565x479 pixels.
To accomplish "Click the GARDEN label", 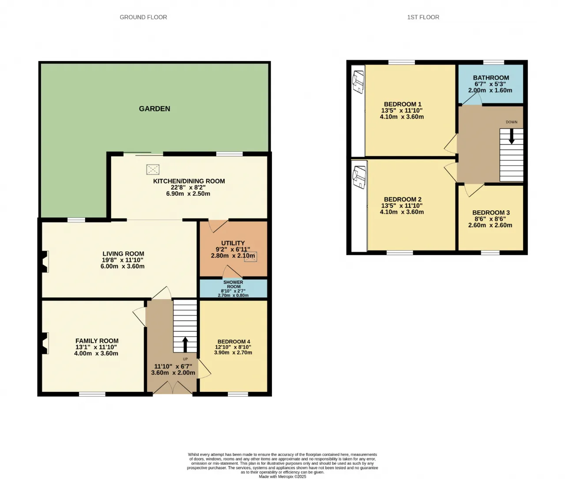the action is click(x=154, y=109).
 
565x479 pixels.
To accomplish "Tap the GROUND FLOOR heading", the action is click(x=143, y=17).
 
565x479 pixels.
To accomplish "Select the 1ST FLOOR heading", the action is click(x=423, y=17).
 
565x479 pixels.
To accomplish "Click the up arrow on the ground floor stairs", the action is click(x=185, y=345).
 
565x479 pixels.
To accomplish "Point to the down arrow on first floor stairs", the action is click(x=512, y=136).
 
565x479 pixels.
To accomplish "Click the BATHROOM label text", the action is click(x=491, y=78).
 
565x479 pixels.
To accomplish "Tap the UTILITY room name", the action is click(x=233, y=243).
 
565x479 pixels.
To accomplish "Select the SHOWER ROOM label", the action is click(x=233, y=284).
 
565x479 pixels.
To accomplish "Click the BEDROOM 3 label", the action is click(x=491, y=213).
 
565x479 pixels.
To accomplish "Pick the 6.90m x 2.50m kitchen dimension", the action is click(x=188, y=194).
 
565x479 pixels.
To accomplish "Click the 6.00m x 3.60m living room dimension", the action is click(x=122, y=266).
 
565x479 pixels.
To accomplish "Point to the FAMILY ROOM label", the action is click(x=97, y=341).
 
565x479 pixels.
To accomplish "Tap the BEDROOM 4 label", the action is click(x=234, y=342).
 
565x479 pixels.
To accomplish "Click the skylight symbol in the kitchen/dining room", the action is click(x=153, y=169).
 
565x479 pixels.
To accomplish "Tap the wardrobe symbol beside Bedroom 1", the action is click(x=358, y=82).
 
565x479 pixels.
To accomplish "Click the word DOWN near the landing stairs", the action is click(x=512, y=122).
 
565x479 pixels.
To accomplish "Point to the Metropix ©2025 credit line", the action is click(x=282, y=476).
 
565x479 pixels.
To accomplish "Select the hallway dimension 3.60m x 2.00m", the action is click(x=173, y=373).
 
